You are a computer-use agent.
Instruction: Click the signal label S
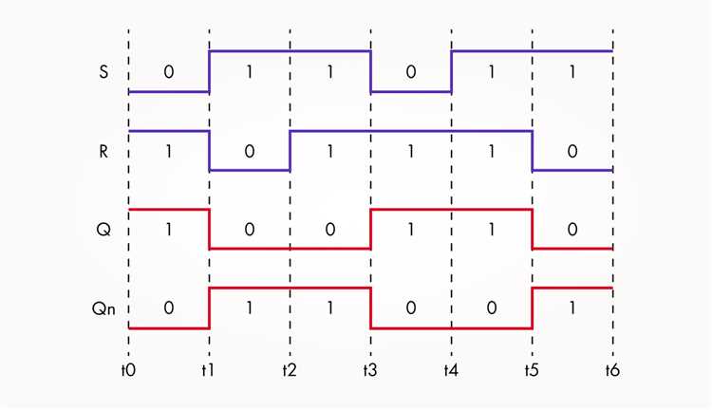[x=103, y=72]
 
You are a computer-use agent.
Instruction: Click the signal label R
[x=103, y=151]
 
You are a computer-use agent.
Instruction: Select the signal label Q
[x=103, y=230]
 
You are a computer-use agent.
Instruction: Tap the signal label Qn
[x=103, y=308]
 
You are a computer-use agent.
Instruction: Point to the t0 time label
[x=128, y=370]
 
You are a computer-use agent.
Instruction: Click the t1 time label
[x=209, y=370]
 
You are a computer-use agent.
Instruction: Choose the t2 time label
[x=290, y=370]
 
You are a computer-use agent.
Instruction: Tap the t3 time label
[x=370, y=370]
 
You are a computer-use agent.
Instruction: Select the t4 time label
[x=451, y=370]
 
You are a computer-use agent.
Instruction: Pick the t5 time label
[x=532, y=370]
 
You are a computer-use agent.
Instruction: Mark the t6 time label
[x=612, y=370]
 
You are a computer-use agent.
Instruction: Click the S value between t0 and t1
[x=168, y=72]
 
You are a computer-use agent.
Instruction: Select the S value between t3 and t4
[x=411, y=72]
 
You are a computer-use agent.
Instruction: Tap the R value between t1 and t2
[x=250, y=151]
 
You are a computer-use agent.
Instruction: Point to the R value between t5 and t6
[x=572, y=151]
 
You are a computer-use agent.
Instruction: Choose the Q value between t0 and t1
[x=168, y=230]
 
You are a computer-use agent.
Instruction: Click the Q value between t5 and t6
[x=572, y=230]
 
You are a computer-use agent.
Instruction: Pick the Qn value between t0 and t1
[x=168, y=308]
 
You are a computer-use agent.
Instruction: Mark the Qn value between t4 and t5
[x=492, y=308]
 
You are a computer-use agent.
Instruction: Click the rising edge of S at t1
[x=210, y=71]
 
